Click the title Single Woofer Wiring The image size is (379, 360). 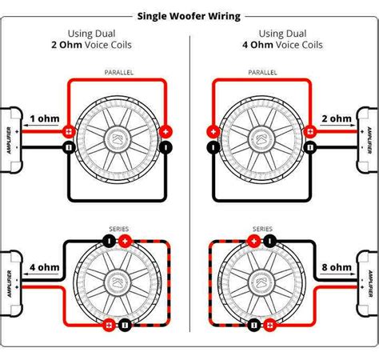(189, 15)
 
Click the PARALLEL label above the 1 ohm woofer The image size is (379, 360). (118, 72)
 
